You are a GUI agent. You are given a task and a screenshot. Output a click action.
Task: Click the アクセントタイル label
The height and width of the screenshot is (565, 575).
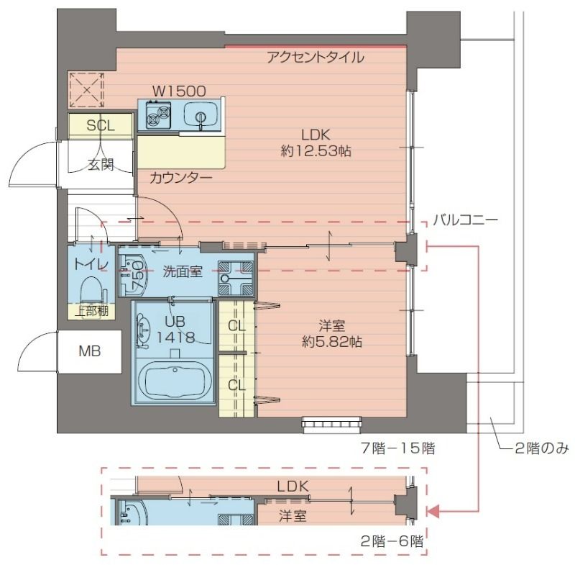(x=315, y=58)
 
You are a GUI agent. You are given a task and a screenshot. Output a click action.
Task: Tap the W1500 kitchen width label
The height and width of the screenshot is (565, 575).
(x=179, y=91)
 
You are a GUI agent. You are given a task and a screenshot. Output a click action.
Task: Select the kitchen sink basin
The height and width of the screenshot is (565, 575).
(x=198, y=114)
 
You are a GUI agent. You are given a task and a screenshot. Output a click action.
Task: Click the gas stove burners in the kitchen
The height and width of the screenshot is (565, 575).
(x=159, y=114)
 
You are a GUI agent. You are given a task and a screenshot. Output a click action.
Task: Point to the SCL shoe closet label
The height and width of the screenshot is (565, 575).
(x=100, y=125)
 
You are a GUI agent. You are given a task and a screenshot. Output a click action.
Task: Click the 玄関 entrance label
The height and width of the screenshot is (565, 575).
(x=101, y=164)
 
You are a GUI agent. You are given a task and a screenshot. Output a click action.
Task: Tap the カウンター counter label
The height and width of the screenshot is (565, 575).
(x=180, y=177)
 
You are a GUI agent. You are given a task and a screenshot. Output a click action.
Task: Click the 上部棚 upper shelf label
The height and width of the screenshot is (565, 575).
(x=93, y=311)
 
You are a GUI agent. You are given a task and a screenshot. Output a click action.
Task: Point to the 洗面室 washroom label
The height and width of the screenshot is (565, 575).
(x=182, y=271)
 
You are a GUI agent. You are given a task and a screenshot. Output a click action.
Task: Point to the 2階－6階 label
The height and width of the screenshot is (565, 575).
(x=392, y=542)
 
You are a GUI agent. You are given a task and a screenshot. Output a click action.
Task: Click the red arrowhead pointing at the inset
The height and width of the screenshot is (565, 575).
(x=433, y=512)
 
